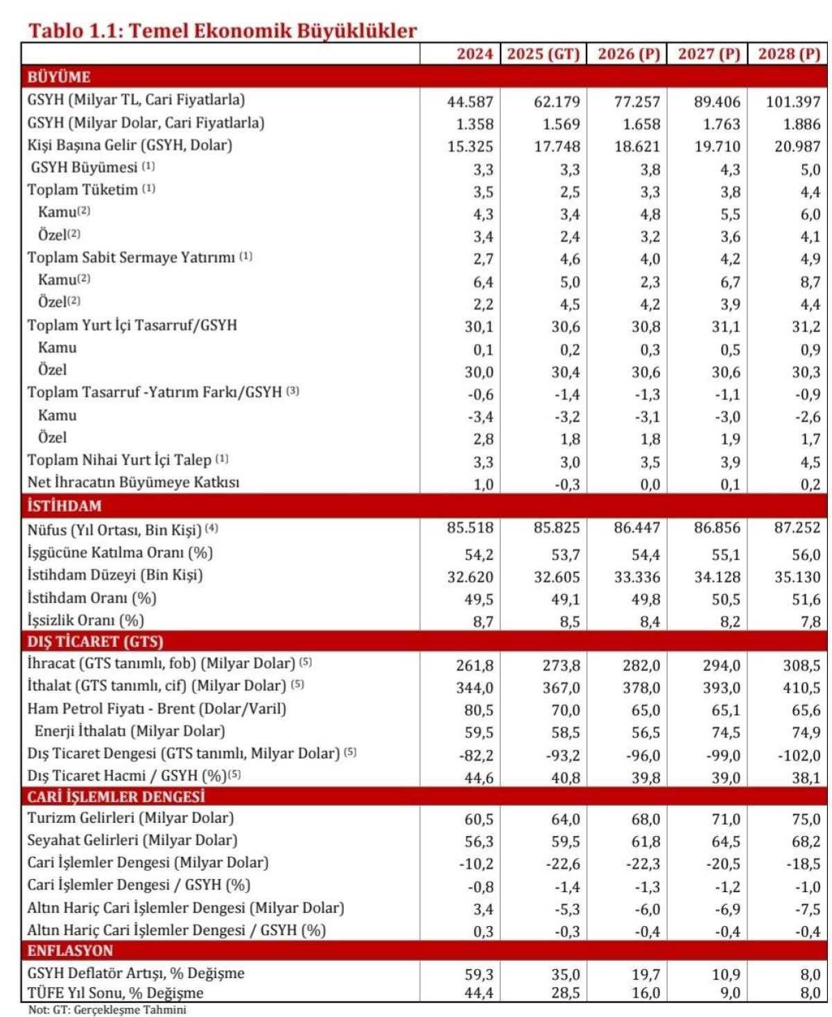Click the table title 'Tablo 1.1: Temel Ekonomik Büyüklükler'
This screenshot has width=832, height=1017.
(x=222, y=31)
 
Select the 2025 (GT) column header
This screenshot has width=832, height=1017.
(x=543, y=54)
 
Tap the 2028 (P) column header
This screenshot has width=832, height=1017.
(x=789, y=54)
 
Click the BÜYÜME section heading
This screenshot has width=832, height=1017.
(x=59, y=77)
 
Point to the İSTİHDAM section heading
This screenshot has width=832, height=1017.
(x=64, y=505)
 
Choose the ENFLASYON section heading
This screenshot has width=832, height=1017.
(x=70, y=950)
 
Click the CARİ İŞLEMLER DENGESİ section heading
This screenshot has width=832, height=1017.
(x=116, y=797)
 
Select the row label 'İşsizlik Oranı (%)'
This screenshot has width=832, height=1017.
(x=86, y=620)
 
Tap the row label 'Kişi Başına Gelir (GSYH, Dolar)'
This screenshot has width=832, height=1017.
(x=130, y=146)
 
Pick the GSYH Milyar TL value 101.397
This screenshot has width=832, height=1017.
(x=793, y=102)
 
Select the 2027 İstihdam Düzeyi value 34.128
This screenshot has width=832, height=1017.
(x=718, y=577)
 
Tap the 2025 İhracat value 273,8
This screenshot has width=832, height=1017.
(x=562, y=666)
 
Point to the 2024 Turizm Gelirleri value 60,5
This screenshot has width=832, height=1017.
(x=479, y=819)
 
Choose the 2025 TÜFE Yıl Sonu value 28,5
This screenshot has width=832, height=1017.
(x=566, y=993)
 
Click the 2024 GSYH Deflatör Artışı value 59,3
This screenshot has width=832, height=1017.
(x=479, y=974)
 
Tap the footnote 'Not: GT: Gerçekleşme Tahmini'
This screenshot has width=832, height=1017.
(x=107, y=1010)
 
